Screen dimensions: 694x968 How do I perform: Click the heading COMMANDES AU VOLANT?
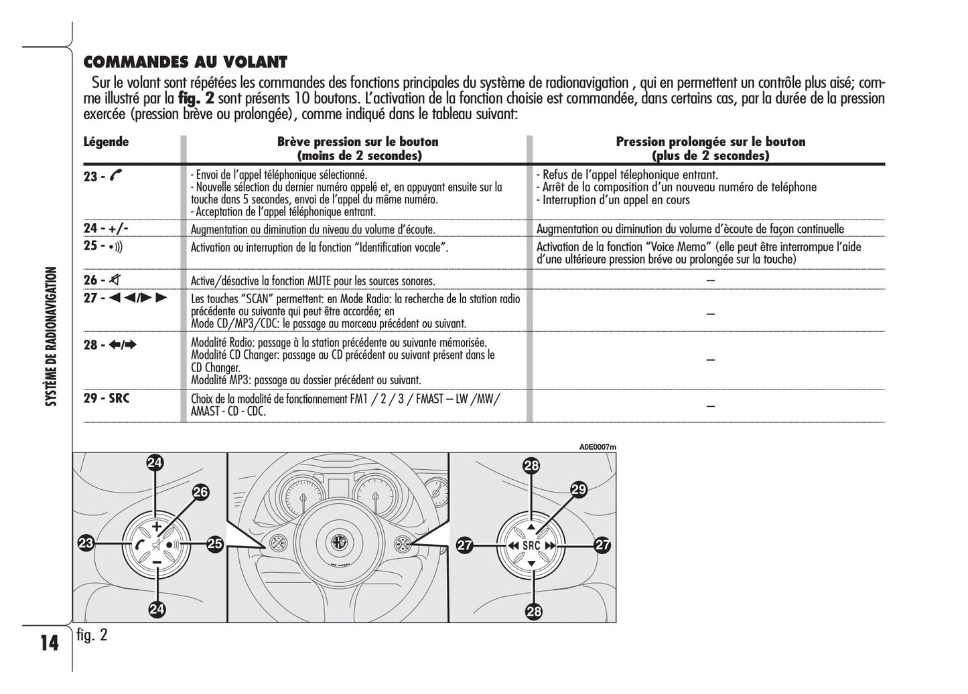tap(185, 62)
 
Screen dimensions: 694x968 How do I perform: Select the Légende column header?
tap(106, 142)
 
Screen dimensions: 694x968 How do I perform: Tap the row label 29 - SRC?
tap(107, 398)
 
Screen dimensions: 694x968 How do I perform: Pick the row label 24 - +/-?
tap(106, 228)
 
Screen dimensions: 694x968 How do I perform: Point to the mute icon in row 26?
tap(116, 280)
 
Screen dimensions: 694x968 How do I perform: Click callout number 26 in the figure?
tap(200, 493)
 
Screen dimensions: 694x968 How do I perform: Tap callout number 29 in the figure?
tap(578, 490)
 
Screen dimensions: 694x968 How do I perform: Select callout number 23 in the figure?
tap(86, 544)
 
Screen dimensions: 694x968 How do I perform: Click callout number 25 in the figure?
tap(214, 544)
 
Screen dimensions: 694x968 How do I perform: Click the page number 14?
tap(49, 644)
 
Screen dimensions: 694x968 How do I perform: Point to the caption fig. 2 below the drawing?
tap(92, 635)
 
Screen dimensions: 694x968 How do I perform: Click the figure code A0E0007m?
tap(598, 447)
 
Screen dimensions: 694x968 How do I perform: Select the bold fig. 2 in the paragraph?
tap(196, 98)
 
